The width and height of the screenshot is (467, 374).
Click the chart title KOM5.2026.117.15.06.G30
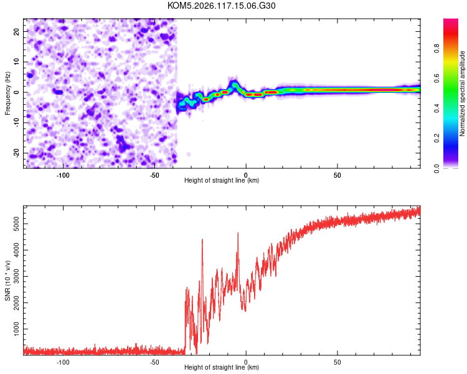coord(221,6)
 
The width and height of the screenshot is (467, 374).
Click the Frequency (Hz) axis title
coord(7,93)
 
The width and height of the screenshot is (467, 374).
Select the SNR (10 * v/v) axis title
coord(7,280)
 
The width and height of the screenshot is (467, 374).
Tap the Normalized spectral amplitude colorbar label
coord(462,93)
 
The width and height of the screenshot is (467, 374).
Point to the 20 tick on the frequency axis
coord(16,31)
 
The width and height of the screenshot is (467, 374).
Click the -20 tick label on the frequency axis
coord(16,153)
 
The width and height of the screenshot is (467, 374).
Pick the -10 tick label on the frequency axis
coord(16,123)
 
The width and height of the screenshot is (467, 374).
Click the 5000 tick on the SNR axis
coord(16,224)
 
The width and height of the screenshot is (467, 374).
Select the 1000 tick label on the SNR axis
coord(16,329)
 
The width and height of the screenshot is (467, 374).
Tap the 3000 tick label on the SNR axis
coord(16,277)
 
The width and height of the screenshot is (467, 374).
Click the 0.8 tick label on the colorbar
coord(436,48)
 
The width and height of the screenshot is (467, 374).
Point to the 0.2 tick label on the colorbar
coord(436,138)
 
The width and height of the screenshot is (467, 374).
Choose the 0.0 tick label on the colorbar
coord(436,168)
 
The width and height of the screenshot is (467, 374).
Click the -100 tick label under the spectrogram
coord(62,175)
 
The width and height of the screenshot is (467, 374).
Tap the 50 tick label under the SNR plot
coord(337,362)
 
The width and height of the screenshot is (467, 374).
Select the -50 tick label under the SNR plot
coord(154,362)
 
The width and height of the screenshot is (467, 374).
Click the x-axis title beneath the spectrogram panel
coord(222,180)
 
